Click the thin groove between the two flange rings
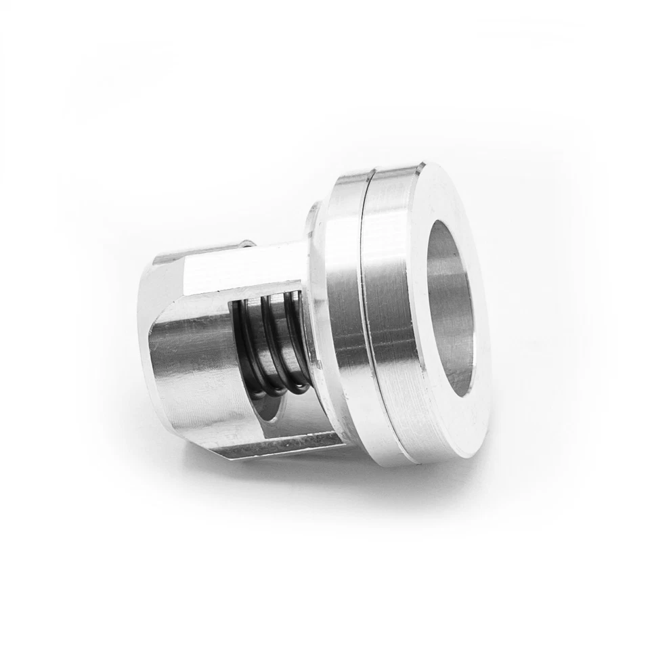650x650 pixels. [x=366, y=318]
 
